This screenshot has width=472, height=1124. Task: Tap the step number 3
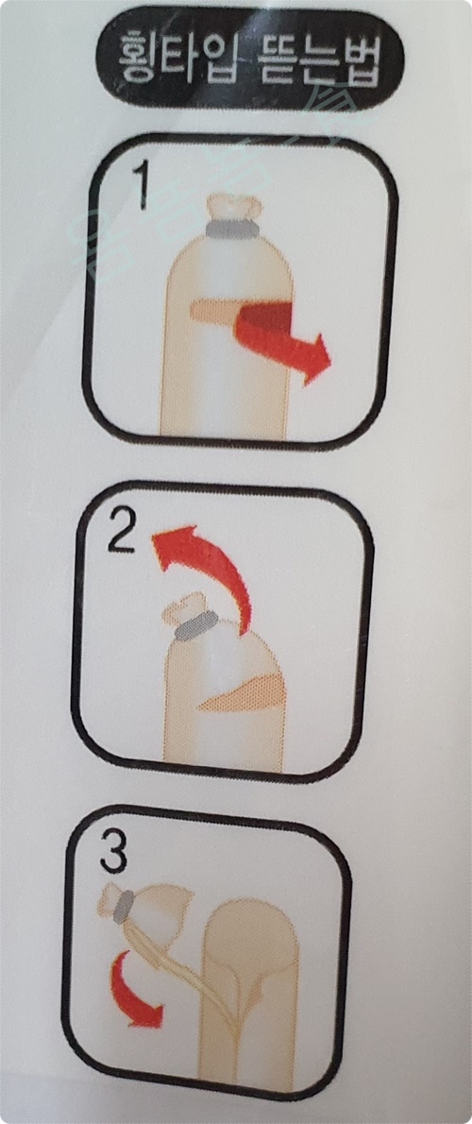(112, 852)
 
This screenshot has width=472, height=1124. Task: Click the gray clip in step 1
(233, 228)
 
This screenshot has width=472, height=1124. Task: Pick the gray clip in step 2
(195, 626)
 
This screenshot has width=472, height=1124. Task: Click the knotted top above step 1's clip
(234, 206)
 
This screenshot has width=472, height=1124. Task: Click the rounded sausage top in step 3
(251, 925)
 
